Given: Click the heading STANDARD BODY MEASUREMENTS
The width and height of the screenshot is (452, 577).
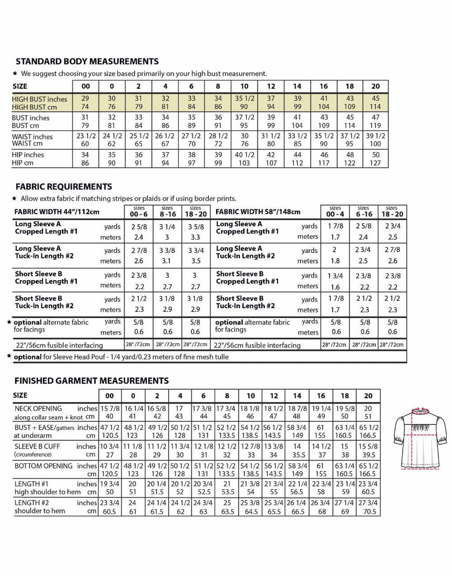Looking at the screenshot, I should (87, 62).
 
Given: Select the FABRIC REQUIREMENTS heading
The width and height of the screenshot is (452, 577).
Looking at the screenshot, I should (63, 187).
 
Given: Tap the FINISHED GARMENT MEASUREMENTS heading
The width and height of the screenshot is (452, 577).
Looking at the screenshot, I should (91, 380).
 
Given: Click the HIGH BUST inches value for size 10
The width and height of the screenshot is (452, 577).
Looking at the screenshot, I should (244, 99).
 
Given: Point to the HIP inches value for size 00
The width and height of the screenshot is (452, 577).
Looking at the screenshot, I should (85, 155).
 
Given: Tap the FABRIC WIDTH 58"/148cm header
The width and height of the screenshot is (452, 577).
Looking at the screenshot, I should (258, 212).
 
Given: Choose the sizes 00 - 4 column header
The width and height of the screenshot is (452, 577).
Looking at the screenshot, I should (334, 211).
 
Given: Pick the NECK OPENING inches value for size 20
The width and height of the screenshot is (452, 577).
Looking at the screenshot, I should (368, 408).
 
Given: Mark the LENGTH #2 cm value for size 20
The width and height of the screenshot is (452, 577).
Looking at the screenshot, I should (368, 511).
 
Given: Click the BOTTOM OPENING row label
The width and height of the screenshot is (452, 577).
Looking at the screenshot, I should (44, 465).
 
